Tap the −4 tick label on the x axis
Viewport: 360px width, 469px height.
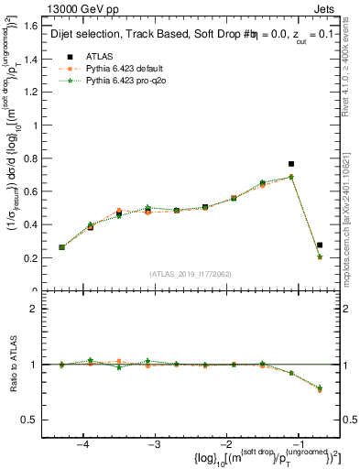82,444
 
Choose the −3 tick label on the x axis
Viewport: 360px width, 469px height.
155,444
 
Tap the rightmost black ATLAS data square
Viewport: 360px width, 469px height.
320,245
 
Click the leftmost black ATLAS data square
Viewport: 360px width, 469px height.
61,247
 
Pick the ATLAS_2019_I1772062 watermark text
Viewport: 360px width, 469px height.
190,274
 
